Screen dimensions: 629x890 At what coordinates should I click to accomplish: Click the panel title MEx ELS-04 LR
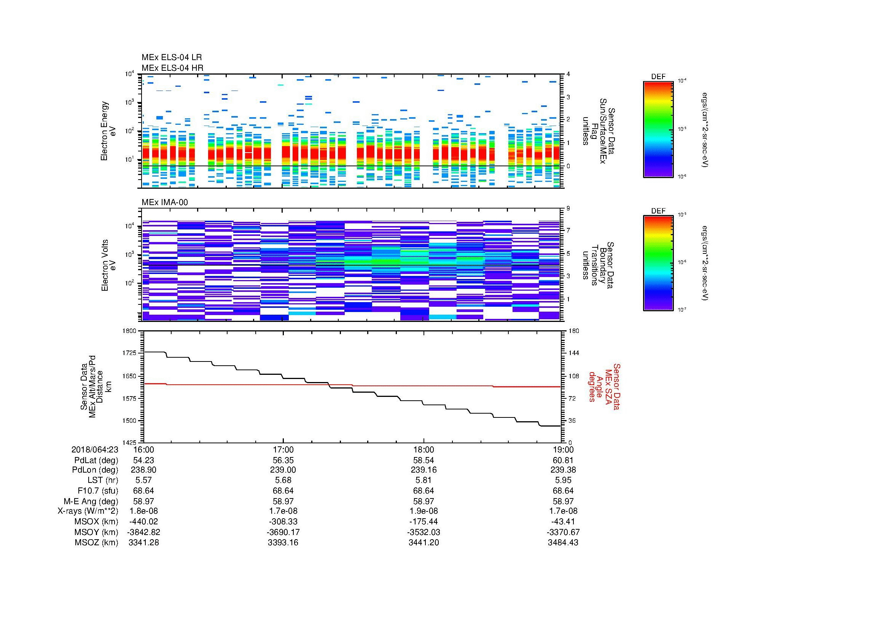[171, 58]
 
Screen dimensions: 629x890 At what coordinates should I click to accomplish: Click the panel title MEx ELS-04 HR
[172, 68]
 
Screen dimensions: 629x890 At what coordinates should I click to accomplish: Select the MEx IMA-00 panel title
[164, 202]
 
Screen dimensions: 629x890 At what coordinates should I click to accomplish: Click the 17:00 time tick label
[283, 450]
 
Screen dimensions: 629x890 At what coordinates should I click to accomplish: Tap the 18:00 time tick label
[423, 450]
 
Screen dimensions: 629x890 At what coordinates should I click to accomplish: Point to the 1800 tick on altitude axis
[129, 331]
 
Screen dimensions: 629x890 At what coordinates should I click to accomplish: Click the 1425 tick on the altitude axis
[129, 443]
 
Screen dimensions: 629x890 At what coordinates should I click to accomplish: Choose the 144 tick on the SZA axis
[573, 353]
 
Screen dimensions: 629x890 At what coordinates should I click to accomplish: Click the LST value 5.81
[423, 480]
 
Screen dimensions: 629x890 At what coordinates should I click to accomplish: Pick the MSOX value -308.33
[283, 522]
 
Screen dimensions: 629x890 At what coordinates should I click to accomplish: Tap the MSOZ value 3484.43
[563, 543]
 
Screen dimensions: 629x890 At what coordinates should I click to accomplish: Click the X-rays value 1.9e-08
[423, 511]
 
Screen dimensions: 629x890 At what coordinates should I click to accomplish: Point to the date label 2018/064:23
[95, 450]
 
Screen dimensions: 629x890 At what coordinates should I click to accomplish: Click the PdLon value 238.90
[143, 470]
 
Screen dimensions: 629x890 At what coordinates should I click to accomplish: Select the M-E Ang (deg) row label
[91, 501]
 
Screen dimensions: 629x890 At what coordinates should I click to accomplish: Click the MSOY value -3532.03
[423, 532]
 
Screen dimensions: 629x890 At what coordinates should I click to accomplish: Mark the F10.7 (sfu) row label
[95, 490]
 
